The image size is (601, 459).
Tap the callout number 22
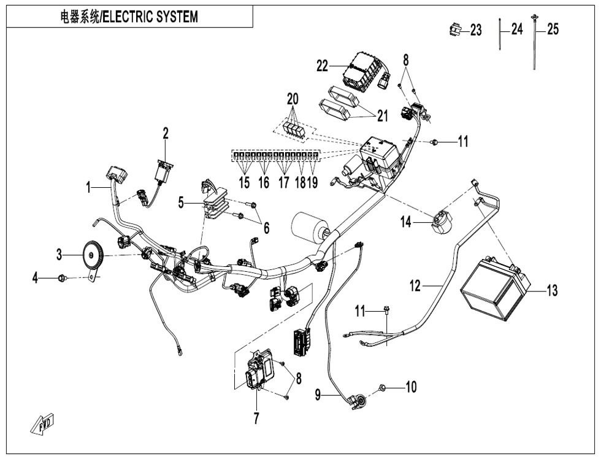[323, 66]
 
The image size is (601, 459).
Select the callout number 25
[553, 29]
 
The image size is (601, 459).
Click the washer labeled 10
[382, 387]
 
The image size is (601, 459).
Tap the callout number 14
[407, 222]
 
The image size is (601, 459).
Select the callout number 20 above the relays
[293, 99]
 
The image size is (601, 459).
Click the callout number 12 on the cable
[416, 285]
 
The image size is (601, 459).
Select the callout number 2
[166, 133]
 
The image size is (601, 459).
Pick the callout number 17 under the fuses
[283, 182]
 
